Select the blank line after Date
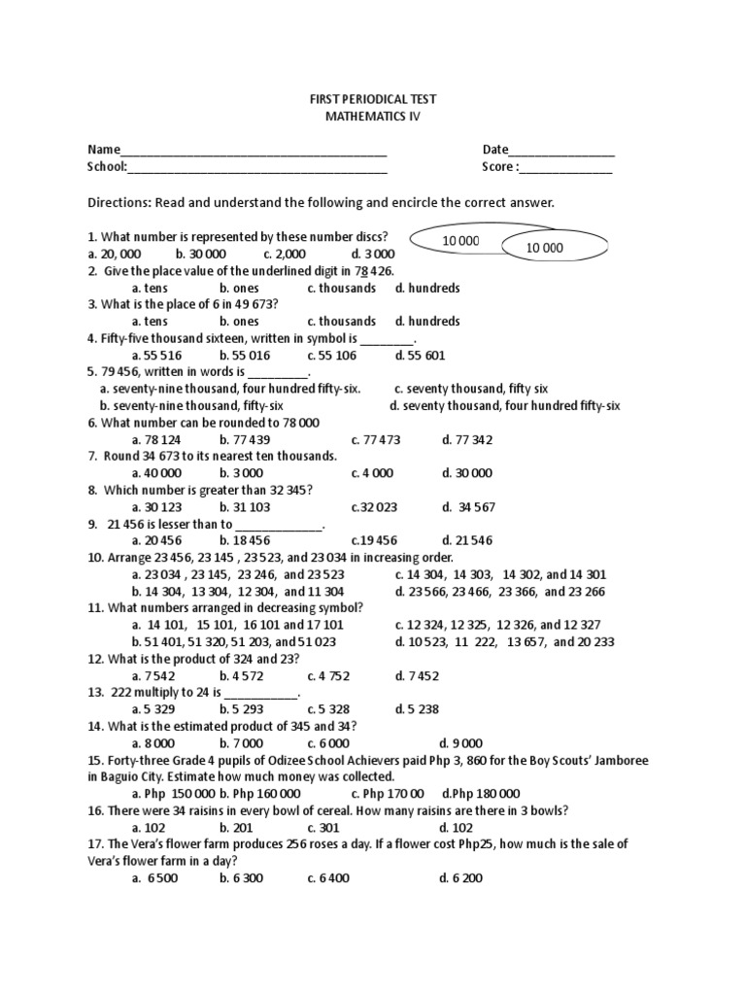pos(560,152)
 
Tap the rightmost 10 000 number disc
pos(545,248)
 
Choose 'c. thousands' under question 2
pos(341,288)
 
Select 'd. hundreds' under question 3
pos(427,321)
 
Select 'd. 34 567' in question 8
pos(468,507)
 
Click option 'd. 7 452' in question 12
pos(418,675)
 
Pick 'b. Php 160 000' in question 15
pos(258,793)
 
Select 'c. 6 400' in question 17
pos(328,877)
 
